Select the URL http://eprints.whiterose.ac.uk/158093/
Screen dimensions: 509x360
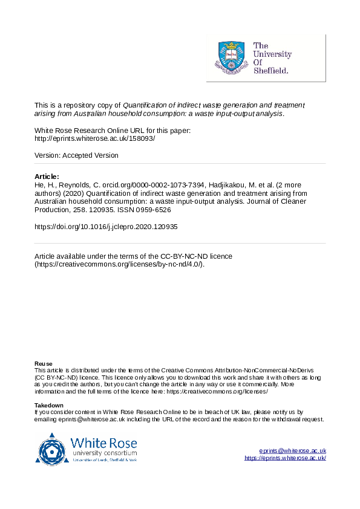[x=95, y=138]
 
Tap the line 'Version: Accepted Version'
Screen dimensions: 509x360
[x=76, y=155]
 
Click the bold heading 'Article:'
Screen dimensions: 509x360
[x=47, y=177]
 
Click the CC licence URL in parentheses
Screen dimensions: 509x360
[x=120, y=265]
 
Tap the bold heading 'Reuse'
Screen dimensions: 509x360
[x=44, y=364]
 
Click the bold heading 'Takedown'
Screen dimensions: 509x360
[x=49, y=405]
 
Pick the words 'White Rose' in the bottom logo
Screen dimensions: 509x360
[x=103, y=442]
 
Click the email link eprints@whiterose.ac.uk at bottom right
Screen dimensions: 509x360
[x=293, y=451]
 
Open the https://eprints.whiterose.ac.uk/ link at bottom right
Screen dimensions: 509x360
[x=285, y=458]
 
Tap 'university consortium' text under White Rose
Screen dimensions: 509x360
[x=103, y=453]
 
